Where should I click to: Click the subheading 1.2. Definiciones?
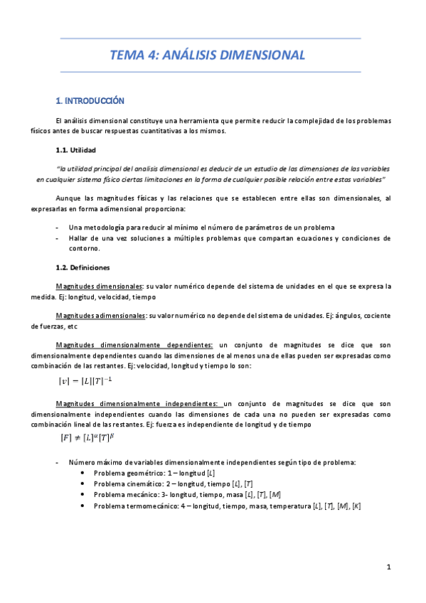(82, 268)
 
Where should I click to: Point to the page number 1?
(389, 567)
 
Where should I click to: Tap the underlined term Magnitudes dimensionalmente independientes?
(138, 403)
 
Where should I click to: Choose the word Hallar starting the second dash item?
(80, 238)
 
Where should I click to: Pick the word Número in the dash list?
(82, 462)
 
